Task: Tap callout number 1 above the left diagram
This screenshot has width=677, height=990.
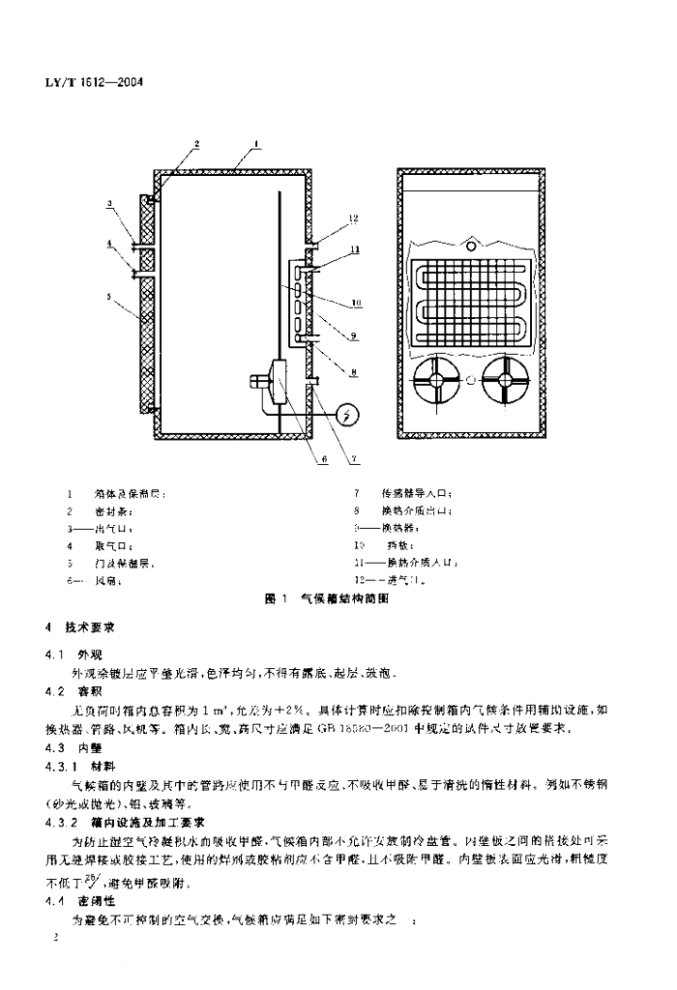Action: pyautogui.click(x=256, y=144)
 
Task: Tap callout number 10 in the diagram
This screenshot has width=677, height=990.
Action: pyautogui.click(x=357, y=303)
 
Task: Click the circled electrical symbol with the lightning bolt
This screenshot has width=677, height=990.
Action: pyautogui.click(x=350, y=416)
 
